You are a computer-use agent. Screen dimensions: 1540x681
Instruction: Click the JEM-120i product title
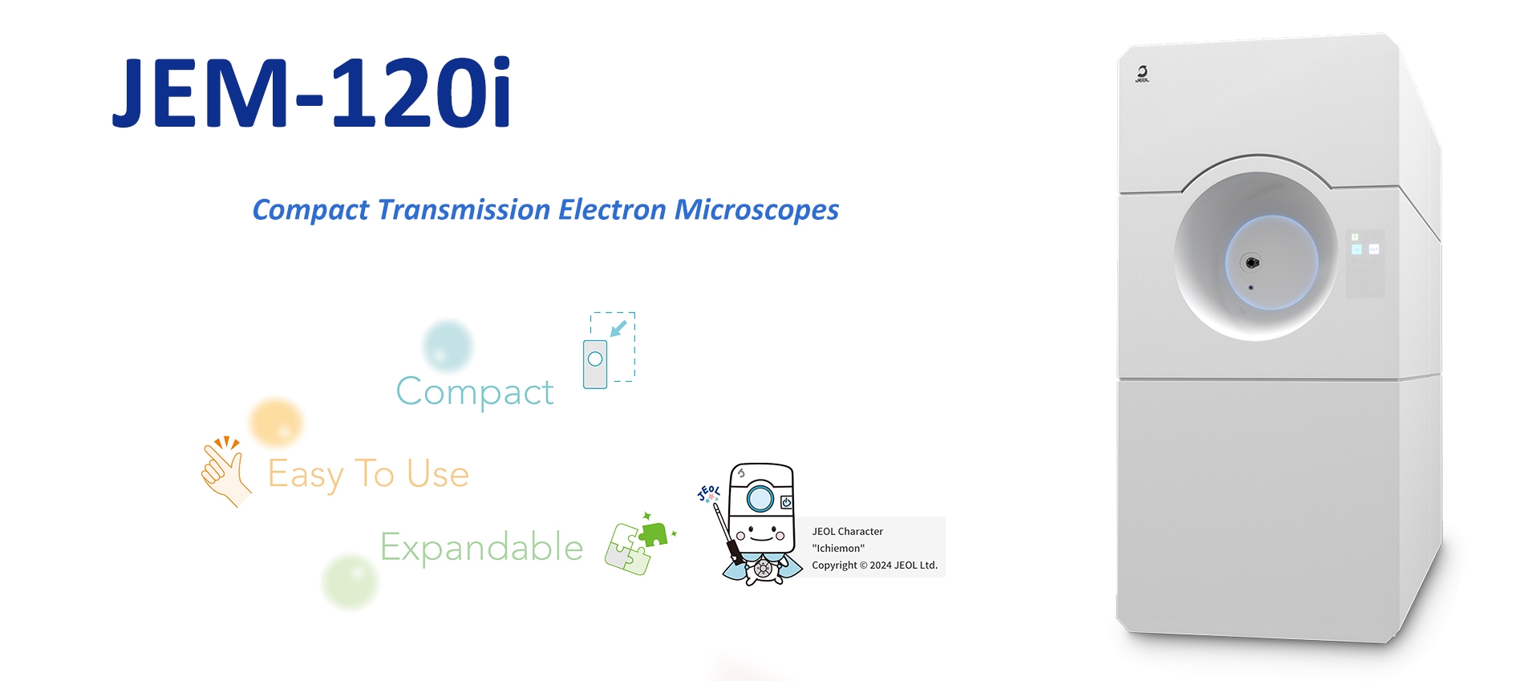tap(311, 91)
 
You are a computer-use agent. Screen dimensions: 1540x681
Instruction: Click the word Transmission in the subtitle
tap(464, 209)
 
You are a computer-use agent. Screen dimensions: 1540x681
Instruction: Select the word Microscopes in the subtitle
tap(756, 210)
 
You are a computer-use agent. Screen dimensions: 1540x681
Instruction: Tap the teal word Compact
tap(475, 392)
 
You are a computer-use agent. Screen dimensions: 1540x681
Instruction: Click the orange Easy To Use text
tap(368, 474)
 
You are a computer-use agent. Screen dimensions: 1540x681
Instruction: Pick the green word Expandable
tap(481, 548)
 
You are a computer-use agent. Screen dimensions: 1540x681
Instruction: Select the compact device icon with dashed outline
tap(609, 351)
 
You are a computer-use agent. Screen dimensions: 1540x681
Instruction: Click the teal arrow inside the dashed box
tap(618, 329)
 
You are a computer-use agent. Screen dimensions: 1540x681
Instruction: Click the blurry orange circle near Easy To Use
tap(276, 423)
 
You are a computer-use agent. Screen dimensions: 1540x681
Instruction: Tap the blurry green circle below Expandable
tap(350, 581)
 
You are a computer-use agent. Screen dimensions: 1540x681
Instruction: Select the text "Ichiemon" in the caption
tap(838, 549)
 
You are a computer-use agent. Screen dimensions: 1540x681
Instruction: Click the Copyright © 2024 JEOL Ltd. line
tap(874, 565)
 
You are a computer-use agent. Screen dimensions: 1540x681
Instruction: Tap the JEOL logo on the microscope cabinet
tap(1142, 74)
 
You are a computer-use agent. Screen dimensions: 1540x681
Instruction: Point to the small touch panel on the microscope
tap(1364, 264)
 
